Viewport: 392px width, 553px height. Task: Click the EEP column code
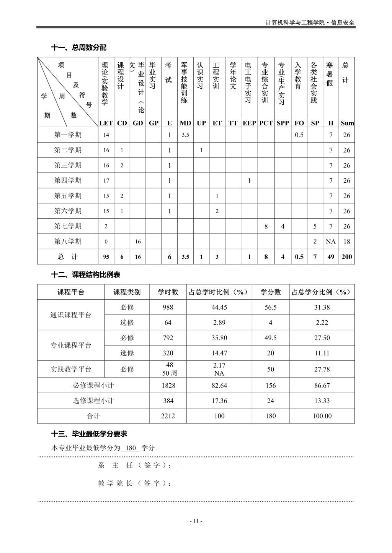point(249,123)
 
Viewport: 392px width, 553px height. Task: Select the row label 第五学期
point(68,196)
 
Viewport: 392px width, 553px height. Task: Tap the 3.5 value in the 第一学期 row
point(185,135)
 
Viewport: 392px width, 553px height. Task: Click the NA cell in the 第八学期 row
point(331,242)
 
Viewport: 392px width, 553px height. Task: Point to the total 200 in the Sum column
point(346,257)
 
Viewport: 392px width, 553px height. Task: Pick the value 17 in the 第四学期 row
point(106,181)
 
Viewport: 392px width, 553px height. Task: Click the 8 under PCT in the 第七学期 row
point(266,226)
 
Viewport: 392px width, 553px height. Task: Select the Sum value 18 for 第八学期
point(346,242)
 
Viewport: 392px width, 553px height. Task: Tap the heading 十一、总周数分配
point(79,48)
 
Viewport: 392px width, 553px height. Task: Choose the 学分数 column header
point(271,292)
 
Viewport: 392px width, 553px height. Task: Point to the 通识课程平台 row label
point(71,315)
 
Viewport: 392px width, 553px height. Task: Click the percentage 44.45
point(219,307)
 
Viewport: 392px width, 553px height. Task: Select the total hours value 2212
point(168,416)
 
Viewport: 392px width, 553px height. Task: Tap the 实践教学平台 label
point(71,369)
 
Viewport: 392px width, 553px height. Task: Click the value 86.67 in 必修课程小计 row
point(322,386)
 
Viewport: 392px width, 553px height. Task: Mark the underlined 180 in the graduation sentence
point(131,448)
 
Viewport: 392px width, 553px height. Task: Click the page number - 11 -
point(196,521)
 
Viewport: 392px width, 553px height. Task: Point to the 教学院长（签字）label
point(134,483)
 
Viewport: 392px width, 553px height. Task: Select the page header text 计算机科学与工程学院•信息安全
point(310,23)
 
